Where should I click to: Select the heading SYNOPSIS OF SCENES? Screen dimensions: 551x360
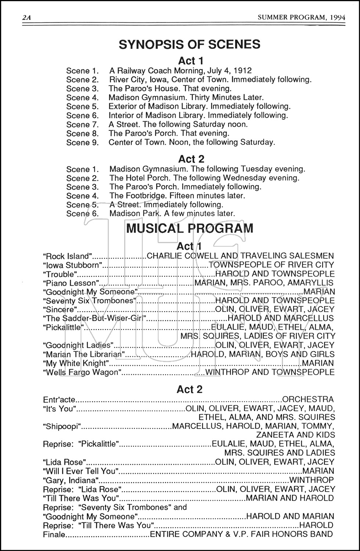point(190,44)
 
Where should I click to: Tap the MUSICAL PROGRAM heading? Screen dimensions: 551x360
point(190,228)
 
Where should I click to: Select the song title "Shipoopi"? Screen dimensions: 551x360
point(62,426)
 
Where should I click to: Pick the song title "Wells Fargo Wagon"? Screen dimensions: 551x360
point(82,372)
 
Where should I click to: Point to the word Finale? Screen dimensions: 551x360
point(54,534)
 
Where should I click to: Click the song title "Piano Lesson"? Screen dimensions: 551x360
point(72,283)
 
